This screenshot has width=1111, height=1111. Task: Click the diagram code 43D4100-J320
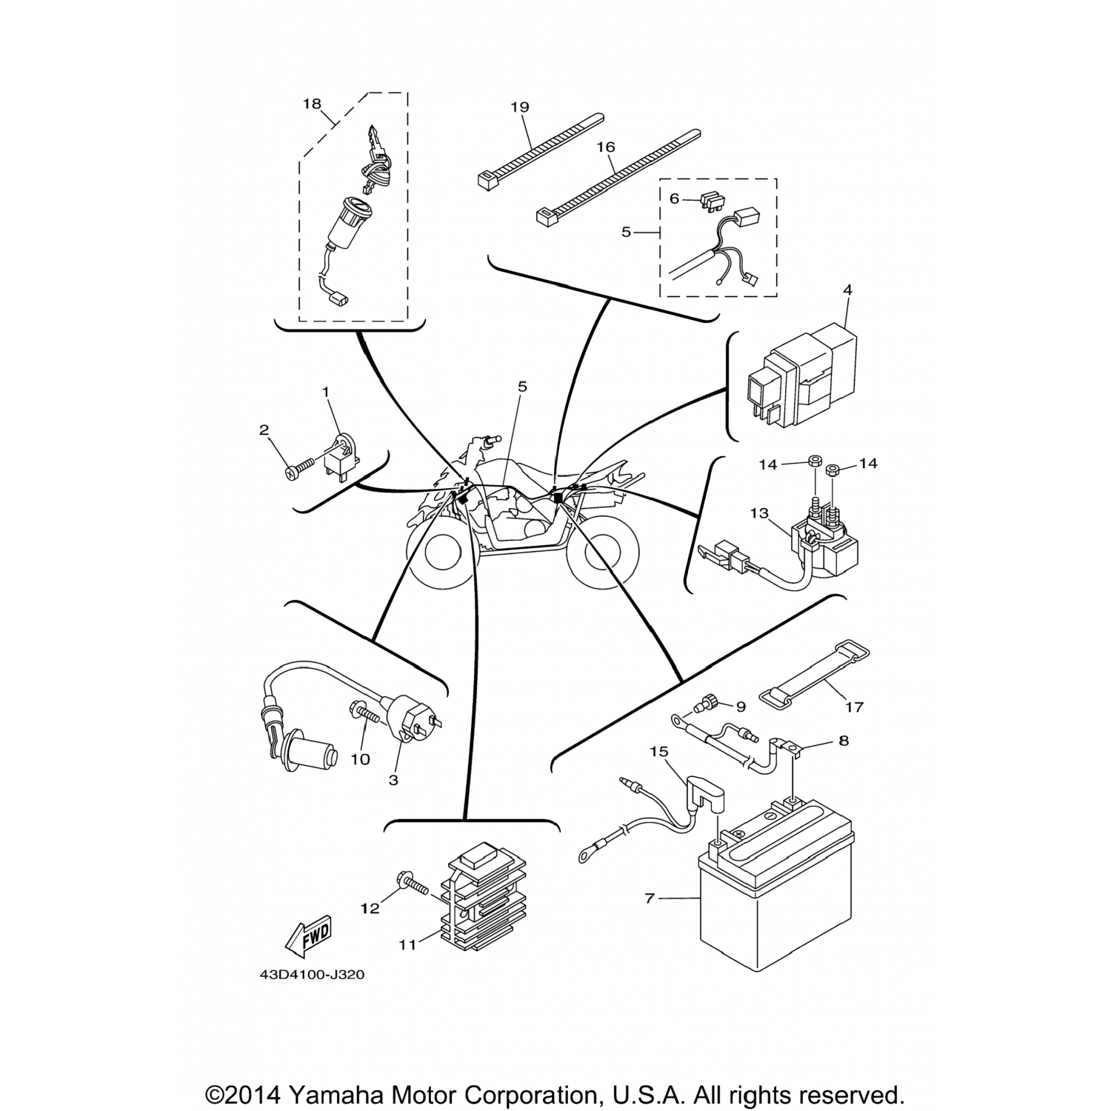(x=312, y=975)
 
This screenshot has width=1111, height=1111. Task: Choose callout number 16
(x=606, y=147)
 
